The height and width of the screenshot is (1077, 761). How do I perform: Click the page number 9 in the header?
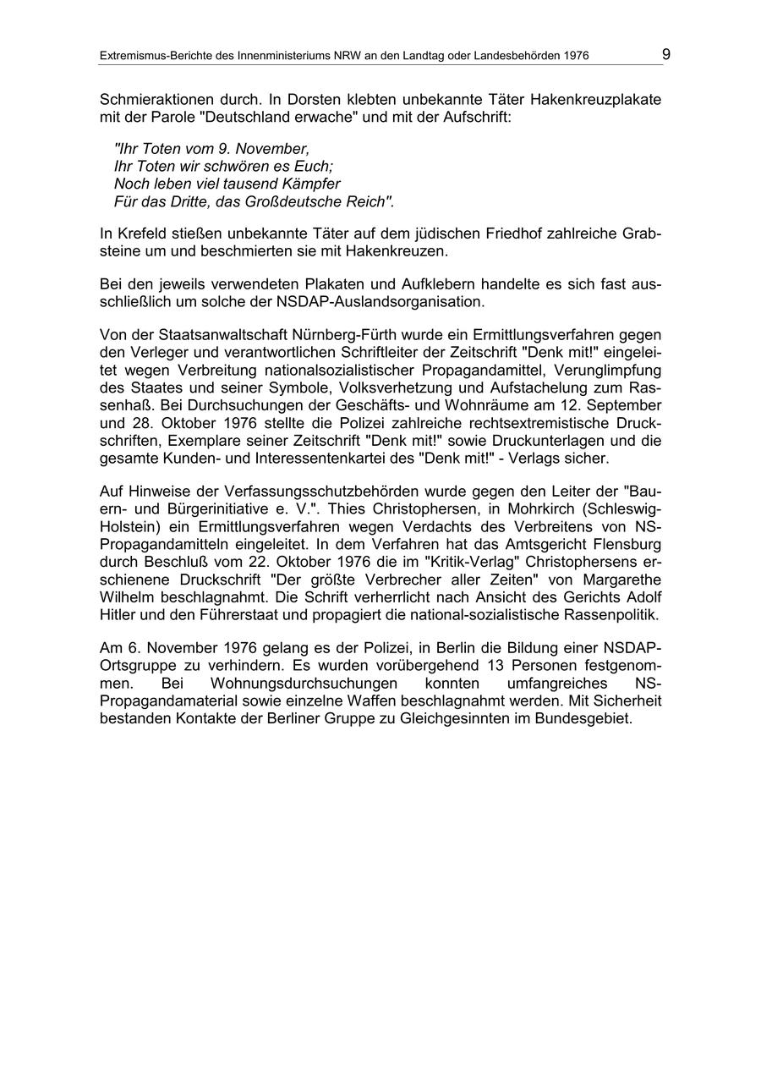[666, 54]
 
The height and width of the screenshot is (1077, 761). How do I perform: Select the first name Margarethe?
[616, 580]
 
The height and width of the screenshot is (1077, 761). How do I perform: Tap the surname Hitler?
[118, 614]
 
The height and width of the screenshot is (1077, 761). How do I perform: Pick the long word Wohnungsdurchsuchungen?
[304, 684]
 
